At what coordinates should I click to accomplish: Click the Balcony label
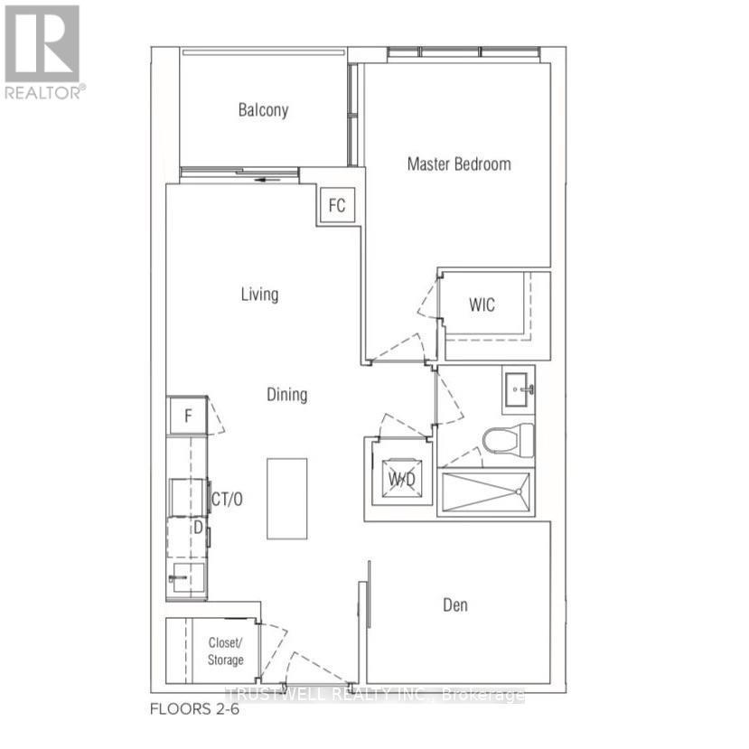(263, 110)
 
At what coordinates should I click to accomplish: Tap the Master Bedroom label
(458, 164)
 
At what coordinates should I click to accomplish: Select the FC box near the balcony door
(336, 206)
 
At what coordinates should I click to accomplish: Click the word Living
(259, 294)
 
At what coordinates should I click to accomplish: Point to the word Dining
(286, 394)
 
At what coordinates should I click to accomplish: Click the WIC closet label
(482, 304)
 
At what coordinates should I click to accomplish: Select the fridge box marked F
(188, 417)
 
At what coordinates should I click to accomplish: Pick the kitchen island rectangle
(286, 499)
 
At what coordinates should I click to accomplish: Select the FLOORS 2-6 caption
(194, 709)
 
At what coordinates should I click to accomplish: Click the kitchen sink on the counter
(186, 576)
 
